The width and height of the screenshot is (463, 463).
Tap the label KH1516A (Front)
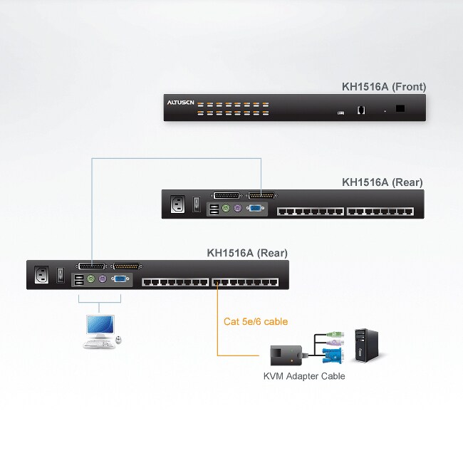[x=384, y=87]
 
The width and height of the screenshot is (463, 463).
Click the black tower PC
[x=366, y=344]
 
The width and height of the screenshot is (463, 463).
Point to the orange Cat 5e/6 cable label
[x=256, y=321]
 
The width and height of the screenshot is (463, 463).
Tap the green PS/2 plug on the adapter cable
[x=334, y=333]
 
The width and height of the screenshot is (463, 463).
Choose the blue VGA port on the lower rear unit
[x=120, y=280]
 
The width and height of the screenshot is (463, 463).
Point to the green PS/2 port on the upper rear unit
[x=224, y=209]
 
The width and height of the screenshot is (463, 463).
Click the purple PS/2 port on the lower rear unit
[x=103, y=280]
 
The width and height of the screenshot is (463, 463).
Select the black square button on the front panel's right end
[x=400, y=109]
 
